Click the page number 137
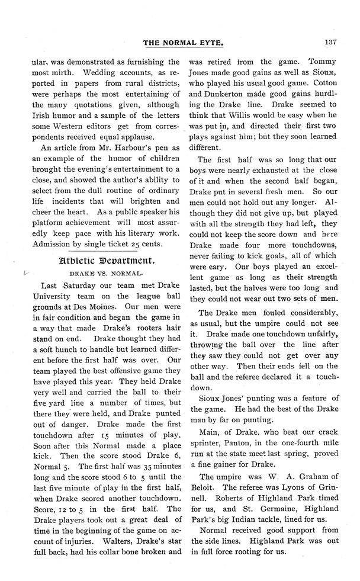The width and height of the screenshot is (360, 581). coord(330,41)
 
